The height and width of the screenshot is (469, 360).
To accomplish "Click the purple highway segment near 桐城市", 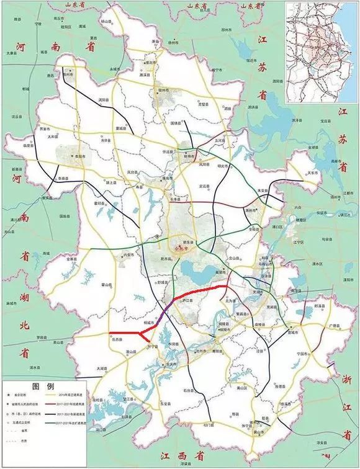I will click(160, 317).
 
